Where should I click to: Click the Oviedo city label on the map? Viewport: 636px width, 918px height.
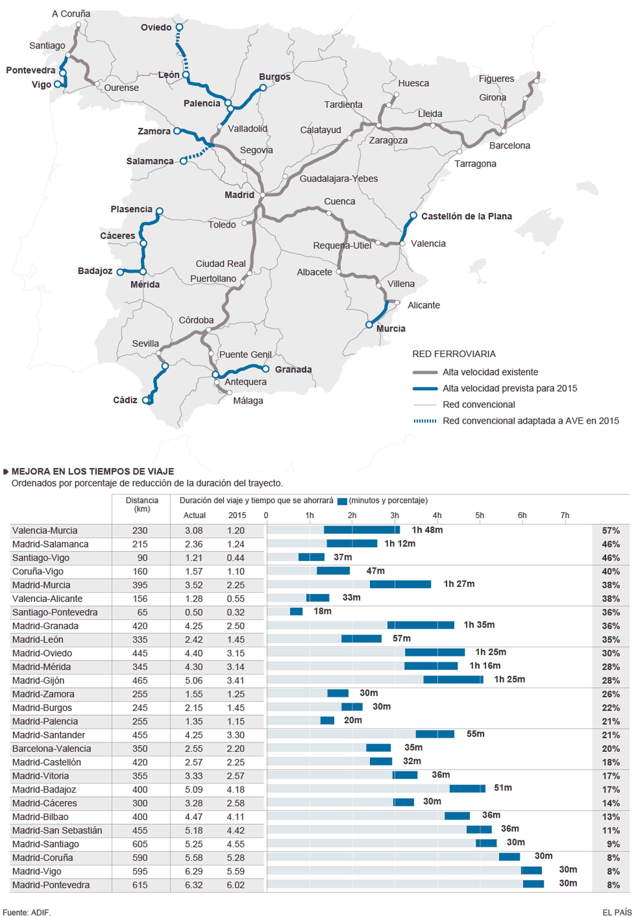tap(156, 28)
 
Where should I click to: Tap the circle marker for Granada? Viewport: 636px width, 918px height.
tap(266, 369)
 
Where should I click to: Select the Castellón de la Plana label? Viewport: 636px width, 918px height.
tap(466, 217)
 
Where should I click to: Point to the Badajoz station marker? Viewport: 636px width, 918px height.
tap(120, 272)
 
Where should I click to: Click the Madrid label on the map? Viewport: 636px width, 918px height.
tap(239, 195)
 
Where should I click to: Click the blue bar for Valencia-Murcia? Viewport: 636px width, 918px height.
tap(361, 530)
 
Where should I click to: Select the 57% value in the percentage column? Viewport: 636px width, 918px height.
tap(610, 530)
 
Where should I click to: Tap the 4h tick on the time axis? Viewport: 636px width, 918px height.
tap(437, 515)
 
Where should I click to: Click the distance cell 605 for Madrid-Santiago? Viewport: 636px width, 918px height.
tap(140, 844)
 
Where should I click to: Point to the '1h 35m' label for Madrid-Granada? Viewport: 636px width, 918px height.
tap(479, 625)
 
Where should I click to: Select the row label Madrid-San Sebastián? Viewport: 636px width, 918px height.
tap(57, 830)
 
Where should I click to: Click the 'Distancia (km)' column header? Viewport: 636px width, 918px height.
tap(141, 505)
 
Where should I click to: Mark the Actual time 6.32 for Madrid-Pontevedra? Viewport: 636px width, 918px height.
tap(194, 885)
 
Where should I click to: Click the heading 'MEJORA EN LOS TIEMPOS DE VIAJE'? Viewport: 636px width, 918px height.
tap(92, 472)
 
